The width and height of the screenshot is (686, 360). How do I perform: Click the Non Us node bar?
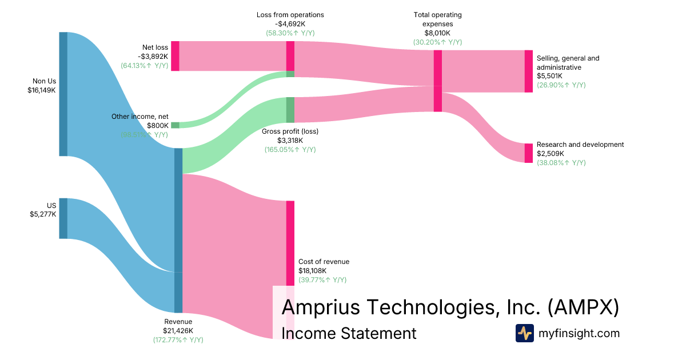click(63, 94)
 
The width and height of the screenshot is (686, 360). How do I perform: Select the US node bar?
click(63, 218)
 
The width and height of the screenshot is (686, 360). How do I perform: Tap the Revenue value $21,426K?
click(178, 331)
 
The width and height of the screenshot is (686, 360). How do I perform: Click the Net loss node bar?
click(175, 56)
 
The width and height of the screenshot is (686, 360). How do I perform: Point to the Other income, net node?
click(175, 125)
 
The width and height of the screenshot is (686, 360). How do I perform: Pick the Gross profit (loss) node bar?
click(290, 110)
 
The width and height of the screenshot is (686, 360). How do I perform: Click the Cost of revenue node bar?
click(290, 243)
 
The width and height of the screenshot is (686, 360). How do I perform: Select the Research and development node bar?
click(528, 153)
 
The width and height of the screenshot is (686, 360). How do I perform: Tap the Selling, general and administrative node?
click(528, 71)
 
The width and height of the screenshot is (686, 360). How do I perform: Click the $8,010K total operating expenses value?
click(437, 33)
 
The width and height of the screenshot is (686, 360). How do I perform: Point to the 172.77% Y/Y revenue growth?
click(178, 340)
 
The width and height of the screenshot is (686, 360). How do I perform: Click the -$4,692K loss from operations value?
click(290, 24)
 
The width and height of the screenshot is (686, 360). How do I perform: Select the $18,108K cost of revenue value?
click(312, 271)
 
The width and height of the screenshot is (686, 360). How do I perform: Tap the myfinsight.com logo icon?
click(524, 333)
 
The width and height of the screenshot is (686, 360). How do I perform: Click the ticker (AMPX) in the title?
click(583, 307)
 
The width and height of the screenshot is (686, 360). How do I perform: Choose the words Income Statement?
click(349, 333)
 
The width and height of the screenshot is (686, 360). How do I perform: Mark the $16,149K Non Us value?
click(42, 90)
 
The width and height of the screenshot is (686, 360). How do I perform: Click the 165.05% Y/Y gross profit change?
click(290, 150)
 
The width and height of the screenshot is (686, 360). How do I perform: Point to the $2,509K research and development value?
click(550, 154)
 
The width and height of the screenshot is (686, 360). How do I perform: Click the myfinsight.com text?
click(579, 333)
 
